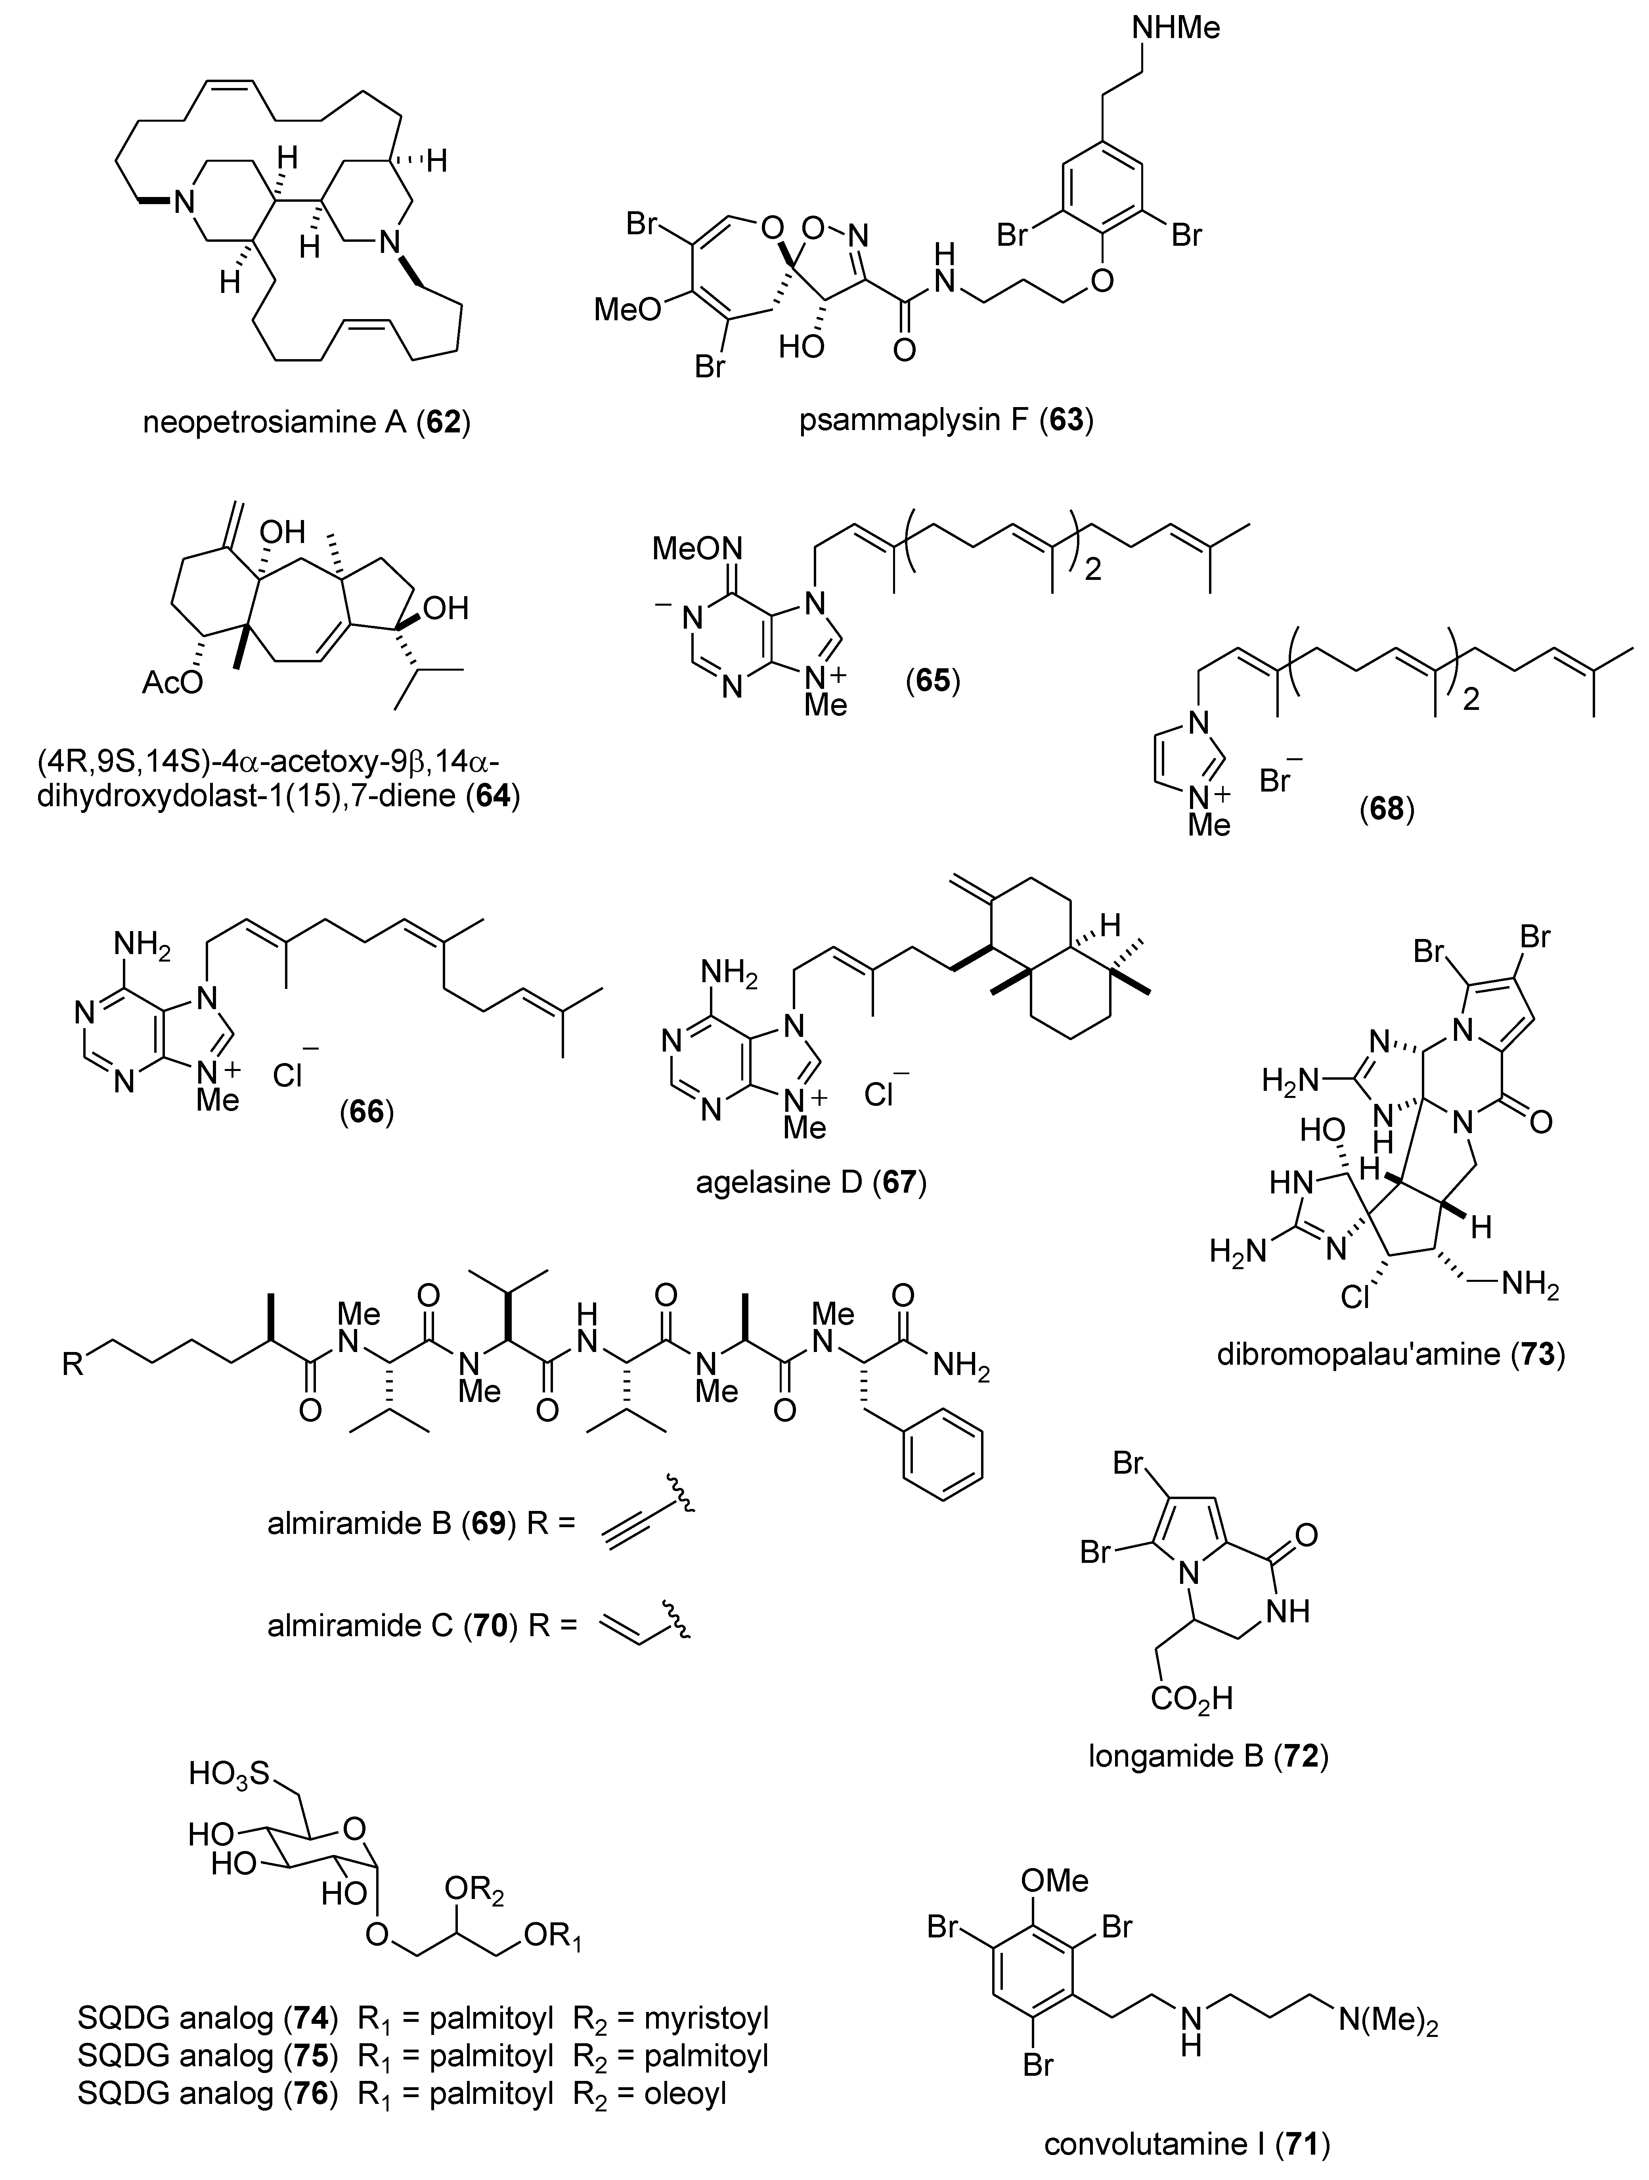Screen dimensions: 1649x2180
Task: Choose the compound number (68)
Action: click(x=1386, y=810)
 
